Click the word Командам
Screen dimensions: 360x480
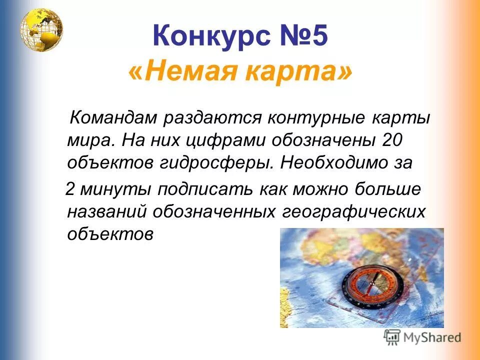114,119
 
